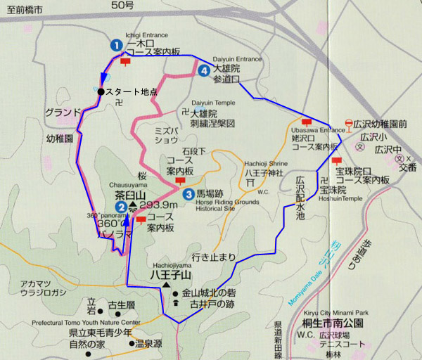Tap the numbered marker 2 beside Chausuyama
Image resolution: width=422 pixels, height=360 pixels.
[x=122, y=206]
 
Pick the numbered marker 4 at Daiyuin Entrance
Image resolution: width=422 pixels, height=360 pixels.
[x=204, y=70]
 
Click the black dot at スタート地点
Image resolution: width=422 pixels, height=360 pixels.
[x=101, y=91]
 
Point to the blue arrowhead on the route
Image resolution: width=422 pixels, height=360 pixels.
[x=104, y=78]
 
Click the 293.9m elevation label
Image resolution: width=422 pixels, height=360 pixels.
[x=156, y=205]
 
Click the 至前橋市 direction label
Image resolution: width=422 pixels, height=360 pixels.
[x=22, y=11]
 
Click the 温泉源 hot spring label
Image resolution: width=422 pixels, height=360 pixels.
[x=148, y=345]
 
